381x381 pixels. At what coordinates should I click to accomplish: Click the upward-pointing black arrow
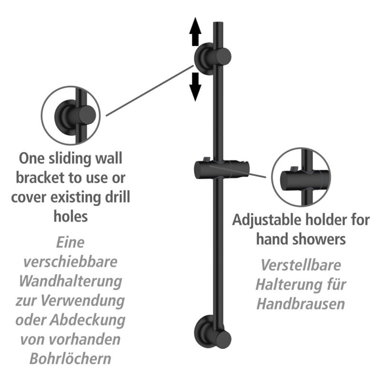click(195, 31)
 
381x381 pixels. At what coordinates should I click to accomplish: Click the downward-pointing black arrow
click(195, 87)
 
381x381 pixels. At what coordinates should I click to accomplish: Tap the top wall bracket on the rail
click(212, 58)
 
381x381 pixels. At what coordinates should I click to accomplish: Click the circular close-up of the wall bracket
click(70, 115)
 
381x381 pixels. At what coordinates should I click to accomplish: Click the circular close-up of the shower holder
click(301, 177)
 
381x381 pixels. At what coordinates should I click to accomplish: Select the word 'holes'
click(70, 216)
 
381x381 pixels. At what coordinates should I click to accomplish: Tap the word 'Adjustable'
click(267, 221)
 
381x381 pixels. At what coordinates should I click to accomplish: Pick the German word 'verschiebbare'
click(70, 261)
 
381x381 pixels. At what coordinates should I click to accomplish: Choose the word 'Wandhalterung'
click(70, 281)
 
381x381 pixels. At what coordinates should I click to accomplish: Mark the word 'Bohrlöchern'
click(70, 359)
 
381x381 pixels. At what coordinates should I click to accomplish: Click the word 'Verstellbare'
click(301, 265)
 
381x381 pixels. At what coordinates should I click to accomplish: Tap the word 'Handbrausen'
click(301, 304)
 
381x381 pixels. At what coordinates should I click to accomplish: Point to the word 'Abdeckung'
click(88, 320)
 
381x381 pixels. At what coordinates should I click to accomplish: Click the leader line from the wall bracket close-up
click(150, 90)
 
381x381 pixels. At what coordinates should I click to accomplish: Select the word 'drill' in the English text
click(117, 197)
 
